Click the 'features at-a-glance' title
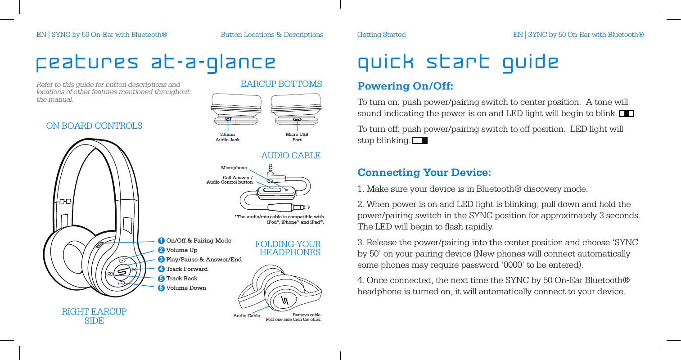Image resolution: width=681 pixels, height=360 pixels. (156, 63)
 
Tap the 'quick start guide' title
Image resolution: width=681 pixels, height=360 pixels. (458, 62)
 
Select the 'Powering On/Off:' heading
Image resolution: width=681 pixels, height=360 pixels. (405, 86)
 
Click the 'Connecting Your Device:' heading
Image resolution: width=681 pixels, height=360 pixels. (424, 173)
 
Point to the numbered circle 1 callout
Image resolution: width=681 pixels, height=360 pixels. (161, 241)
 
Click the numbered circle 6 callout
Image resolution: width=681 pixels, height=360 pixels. (161, 288)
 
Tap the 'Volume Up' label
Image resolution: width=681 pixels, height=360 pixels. (182, 250)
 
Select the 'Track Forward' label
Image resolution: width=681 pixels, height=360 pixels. (187, 269)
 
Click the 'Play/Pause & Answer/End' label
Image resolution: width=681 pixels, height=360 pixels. (204, 260)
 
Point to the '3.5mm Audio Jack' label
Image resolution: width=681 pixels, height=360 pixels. (227, 137)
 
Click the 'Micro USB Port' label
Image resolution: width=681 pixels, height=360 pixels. (297, 137)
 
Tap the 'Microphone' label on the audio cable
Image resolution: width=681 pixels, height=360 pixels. (234, 168)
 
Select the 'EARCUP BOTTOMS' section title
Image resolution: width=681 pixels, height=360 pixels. (281, 84)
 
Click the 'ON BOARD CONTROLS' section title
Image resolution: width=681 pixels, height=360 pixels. (94, 126)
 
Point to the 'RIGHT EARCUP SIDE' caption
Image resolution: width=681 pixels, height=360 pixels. (94, 316)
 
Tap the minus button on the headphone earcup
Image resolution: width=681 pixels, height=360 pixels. (122, 283)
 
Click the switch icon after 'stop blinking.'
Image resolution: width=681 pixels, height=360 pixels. (419, 141)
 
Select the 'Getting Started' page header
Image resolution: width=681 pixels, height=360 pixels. (381, 35)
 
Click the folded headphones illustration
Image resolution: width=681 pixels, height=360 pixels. (279, 288)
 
